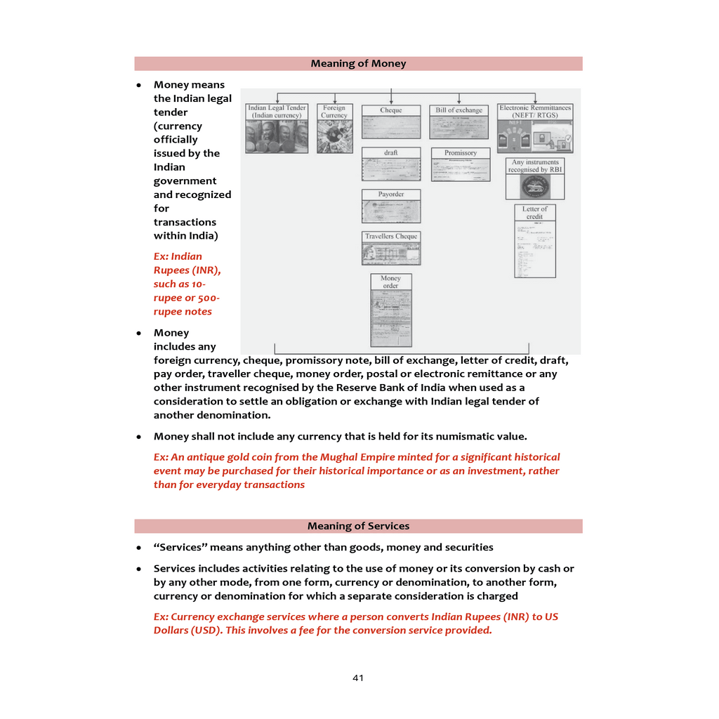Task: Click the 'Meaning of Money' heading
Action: click(358, 64)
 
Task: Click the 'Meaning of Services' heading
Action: click(358, 526)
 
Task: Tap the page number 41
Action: click(358, 678)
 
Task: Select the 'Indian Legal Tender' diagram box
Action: click(277, 112)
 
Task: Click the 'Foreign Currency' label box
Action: click(334, 112)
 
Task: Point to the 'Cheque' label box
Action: click(391, 110)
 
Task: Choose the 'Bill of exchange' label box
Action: click(459, 110)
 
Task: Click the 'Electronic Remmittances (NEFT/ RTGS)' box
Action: click(535, 112)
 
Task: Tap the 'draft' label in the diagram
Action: click(391, 152)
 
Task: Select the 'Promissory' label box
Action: click(461, 152)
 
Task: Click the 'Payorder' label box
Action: click(391, 194)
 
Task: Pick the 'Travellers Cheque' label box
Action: click(391, 237)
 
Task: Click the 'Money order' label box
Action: click(391, 282)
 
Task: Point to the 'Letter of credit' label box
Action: click(534, 213)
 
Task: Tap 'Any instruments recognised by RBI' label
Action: click(534, 166)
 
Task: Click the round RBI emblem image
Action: click(534, 187)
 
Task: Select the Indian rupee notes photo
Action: click(277, 137)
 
